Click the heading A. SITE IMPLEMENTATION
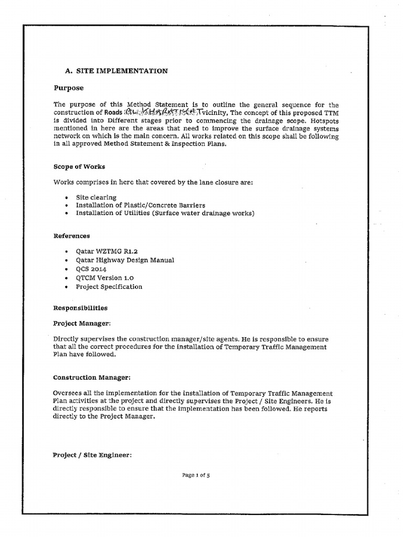click(116, 71)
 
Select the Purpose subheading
click(69, 88)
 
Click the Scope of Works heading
click(79, 166)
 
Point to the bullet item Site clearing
click(96, 197)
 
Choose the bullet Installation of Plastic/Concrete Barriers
click(140, 205)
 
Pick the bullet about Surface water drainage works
click(165, 213)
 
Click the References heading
click(72, 236)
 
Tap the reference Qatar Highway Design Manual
click(125, 260)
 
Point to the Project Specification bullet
click(109, 287)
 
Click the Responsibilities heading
click(80, 308)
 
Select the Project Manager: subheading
click(82, 324)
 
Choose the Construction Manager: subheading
click(92, 377)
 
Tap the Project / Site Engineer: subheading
click(92, 455)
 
